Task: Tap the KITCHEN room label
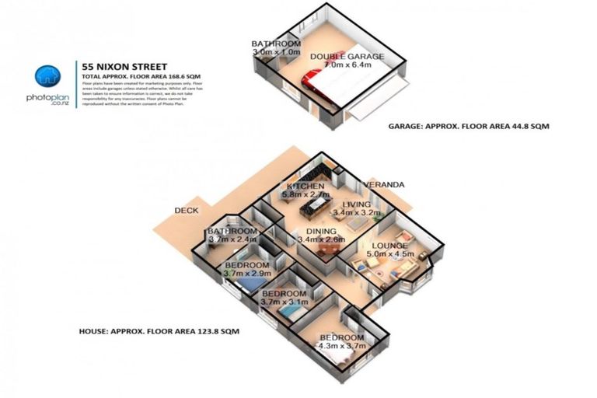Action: (x=305, y=187)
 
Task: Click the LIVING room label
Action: (x=357, y=204)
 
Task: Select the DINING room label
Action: (x=321, y=231)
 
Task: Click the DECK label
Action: (x=187, y=211)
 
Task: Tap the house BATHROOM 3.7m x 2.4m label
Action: (x=232, y=235)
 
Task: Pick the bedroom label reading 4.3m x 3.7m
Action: (x=340, y=341)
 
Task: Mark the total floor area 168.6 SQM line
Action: (x=134, y=79)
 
